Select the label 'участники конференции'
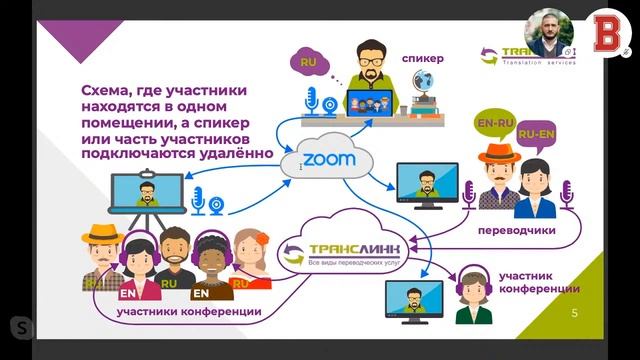(x=189, y=312)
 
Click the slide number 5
(x=574, y=313)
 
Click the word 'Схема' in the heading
(x=107, y=91)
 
